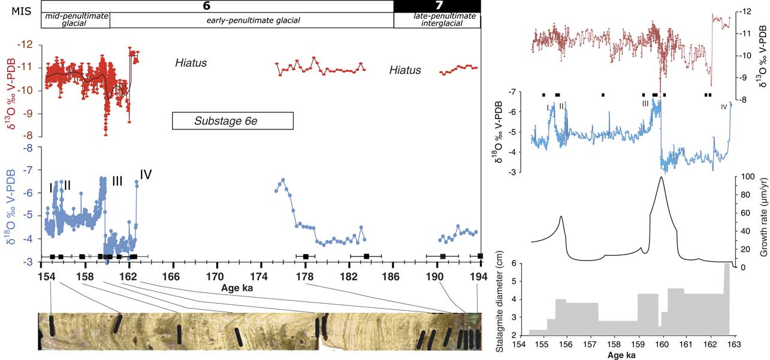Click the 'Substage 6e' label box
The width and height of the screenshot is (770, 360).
pyautogui.click(x=232, y=121)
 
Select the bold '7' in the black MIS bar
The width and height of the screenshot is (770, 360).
pyautogui.click(x=437, y=6)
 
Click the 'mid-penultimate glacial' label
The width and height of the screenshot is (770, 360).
pyautogui.click(x=75, y=20)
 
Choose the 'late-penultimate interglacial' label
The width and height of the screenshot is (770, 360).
pyautogui.click(x=437, y=20)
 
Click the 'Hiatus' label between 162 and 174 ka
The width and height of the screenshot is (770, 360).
pyautogui.click(x=191, y=62)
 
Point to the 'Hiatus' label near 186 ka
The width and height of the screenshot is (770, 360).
pyautogui.click(x=405, y=70)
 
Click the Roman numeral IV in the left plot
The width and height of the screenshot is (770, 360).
pyautogui.click(x=146, y=174)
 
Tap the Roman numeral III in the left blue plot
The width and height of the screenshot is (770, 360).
pyautogui.click(x=117, y=180)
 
